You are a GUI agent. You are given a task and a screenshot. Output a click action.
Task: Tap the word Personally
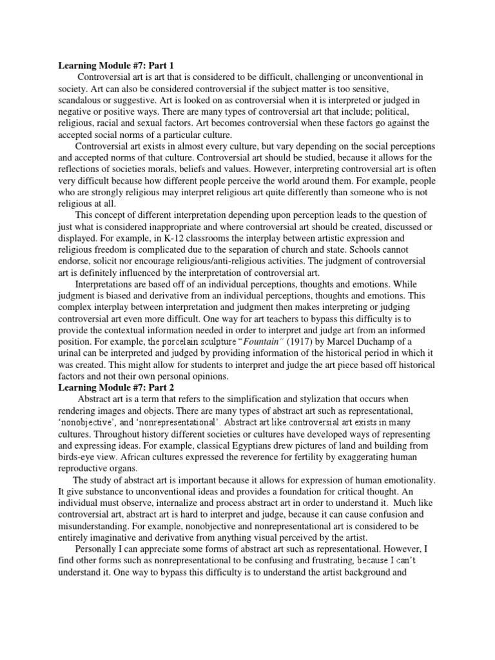point(98,549)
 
